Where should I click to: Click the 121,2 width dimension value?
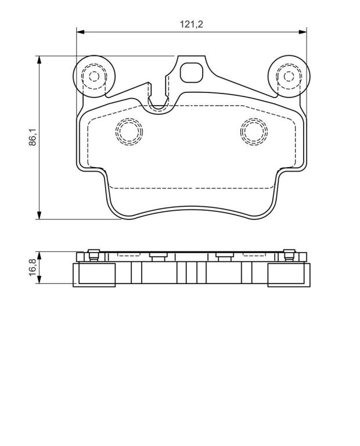click(191, 24)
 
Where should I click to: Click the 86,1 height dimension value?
click(33, 137)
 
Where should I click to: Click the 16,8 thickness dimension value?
click(33, 267)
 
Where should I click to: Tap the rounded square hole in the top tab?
click(192, 73)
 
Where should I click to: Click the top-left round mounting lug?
click(94, 76)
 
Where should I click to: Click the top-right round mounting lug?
click(289, 76)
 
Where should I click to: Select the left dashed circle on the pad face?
click(129, 131)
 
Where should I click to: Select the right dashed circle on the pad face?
click(254, 131)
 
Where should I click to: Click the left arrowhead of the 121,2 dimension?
click(81, 32)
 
